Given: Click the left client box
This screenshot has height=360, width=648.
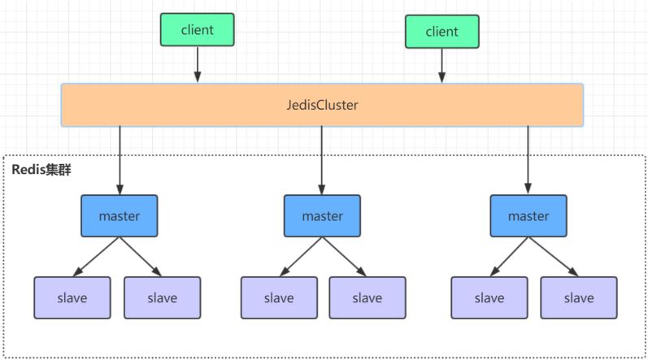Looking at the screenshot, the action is [x=197, y=30].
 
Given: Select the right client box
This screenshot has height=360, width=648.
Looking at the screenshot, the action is [x=442, y=32].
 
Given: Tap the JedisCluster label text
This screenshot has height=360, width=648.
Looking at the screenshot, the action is [x=322, y=105].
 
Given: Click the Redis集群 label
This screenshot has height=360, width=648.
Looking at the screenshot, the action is [x=41, y=169].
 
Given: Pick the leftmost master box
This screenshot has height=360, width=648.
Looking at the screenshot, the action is [x=120, y=216].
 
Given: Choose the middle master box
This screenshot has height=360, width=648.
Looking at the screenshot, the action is [x=322, y=216].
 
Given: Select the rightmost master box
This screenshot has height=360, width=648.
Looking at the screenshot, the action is [x=528, y=216].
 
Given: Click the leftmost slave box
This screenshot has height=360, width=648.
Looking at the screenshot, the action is [x=72, y=297].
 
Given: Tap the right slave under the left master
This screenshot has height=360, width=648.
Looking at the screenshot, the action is [x=163, y=297].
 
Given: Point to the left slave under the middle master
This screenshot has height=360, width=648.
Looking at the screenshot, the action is [x=280, y=297].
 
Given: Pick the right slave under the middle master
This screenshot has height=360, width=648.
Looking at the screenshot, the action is [x=367, y=297].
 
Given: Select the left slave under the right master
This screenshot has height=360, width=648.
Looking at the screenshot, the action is [x=489, y=297].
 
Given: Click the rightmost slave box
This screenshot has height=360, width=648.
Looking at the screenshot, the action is [x=579, y=297].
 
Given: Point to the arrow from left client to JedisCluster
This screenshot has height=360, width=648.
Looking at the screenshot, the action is [x=198, y=64].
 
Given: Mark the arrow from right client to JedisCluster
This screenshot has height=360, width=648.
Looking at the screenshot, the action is [x=441, y=66].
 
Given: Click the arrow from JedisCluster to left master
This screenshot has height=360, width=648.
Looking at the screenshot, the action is [x=120, y=160].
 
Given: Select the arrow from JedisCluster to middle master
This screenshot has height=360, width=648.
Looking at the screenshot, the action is [x=321, y=160].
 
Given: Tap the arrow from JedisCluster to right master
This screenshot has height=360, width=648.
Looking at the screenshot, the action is [x=528, y=160].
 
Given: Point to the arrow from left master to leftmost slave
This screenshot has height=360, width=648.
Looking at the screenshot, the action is [x=96, y=256].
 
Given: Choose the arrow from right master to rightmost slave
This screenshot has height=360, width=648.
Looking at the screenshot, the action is [x=554, y=256].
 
